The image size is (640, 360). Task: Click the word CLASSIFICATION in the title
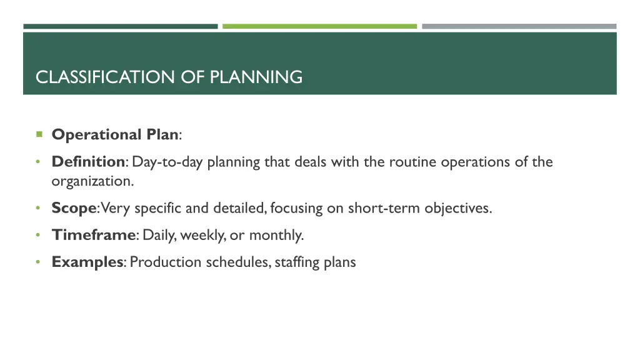point(106,77)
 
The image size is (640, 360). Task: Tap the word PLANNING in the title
point(256,77)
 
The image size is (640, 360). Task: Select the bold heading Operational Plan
point(115,134)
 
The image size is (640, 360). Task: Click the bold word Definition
point(88,162)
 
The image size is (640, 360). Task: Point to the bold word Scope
point(74,208)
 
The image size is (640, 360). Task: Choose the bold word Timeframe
point(94,235)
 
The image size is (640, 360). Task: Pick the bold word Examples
point(87,262)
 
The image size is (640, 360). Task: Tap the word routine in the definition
point(412,162)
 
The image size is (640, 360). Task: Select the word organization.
point(92,181)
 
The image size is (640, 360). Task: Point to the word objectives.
point(457,208)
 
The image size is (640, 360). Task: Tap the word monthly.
point(276,236)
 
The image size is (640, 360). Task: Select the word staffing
point(297,262)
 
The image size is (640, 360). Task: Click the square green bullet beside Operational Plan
point(39,134)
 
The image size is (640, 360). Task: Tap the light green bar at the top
point(319,26)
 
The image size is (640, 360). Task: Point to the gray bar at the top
point(519,26)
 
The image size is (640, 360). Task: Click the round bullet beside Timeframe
point(38,235)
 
